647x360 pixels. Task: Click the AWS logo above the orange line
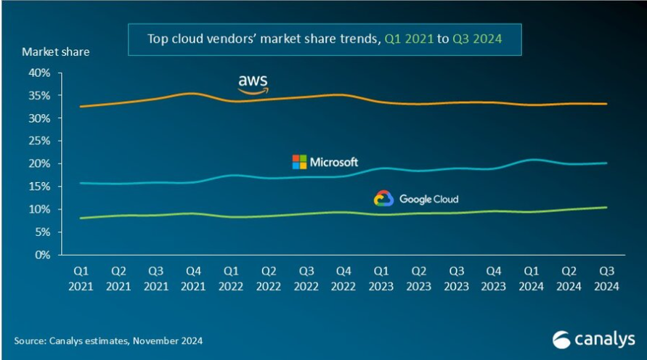[x=253, y=83]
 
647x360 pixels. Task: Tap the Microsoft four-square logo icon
[x=299, y=162]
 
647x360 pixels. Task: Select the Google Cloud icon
[x=383, y=199]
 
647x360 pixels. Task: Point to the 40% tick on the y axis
[x=40, y=73]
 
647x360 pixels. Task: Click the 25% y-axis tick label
[x=40, y=141]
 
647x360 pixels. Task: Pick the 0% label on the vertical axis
[x=43, y=255]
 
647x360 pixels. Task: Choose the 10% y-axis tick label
[x=40, y=209]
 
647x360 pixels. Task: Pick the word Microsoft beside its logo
[x=334, y=162]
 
